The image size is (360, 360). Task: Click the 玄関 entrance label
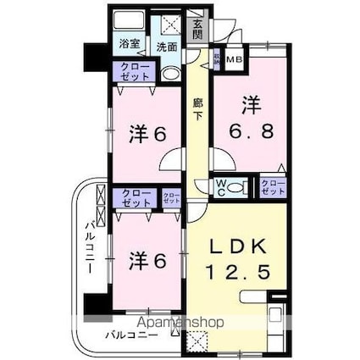197,30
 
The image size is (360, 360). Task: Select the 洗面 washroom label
168,47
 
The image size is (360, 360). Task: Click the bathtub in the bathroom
131,24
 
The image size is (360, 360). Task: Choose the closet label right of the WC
272,187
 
